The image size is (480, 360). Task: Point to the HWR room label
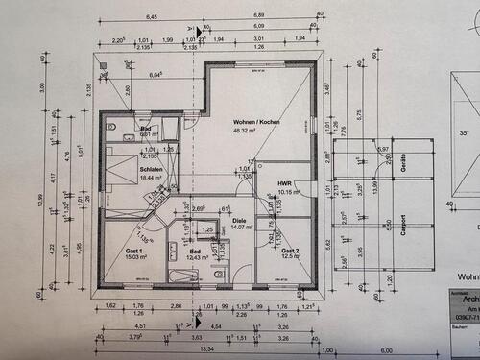pos(285,182)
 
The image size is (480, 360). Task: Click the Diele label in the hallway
pos(240,220)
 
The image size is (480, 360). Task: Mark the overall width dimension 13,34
pos(208,349)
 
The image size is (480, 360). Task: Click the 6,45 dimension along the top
pos(151,16)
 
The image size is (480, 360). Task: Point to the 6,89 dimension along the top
pos(259,16)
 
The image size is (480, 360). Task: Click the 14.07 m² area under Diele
pos(239,228)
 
